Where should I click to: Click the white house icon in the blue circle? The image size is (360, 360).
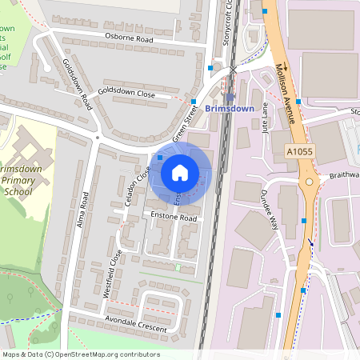coord(180,172)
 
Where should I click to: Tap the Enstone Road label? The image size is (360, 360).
coord(168,217)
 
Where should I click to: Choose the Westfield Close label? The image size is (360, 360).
coord(113,274)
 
